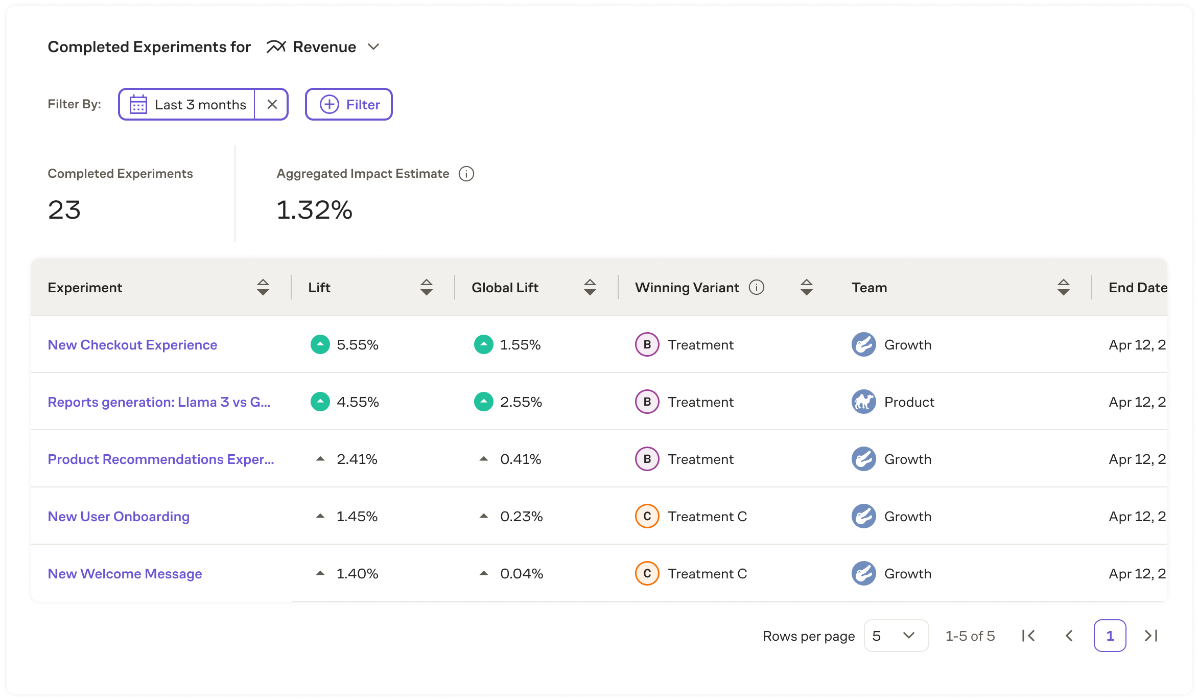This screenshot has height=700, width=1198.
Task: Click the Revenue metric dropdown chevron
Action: coord(373,47)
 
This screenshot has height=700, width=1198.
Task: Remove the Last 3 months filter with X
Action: coord(272,104)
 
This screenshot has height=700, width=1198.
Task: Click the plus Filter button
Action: coord(349,104)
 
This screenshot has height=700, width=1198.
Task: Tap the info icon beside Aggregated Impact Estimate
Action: coord(466,174)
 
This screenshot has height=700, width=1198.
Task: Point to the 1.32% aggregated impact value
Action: coord(314,210)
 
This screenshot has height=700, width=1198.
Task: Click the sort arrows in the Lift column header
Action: coord(426,287)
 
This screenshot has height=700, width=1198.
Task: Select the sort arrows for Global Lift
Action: coord(590,287)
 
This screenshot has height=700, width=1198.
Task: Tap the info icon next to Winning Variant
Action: coord(756,287)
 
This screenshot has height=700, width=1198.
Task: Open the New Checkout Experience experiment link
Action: coord(132,345)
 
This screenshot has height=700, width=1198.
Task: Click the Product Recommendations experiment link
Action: coord(160,459)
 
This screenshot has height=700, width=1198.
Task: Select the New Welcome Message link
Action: coord(125,574)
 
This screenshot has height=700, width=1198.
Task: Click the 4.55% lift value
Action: coord(358,402)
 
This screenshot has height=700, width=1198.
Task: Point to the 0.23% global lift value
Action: coord(521,517)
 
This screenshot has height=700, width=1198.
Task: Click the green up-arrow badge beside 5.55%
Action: coord(320,344)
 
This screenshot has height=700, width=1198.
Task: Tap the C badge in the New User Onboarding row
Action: coord(647,516)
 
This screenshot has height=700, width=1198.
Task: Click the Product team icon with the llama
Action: coord(863,402)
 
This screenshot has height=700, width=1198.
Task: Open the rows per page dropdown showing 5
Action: coord(896,636)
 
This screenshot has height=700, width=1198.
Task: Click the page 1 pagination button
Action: coord(1110,636)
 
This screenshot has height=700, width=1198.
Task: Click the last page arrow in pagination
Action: coord(1151,636)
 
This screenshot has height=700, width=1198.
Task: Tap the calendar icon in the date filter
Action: coord(138,104)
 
